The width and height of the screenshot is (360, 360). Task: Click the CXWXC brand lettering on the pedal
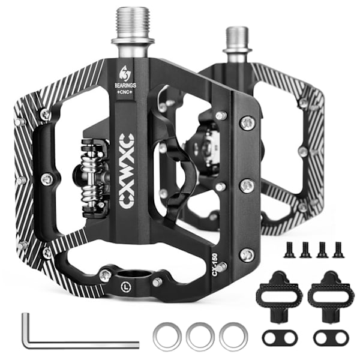127,172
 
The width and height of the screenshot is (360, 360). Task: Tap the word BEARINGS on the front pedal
125,85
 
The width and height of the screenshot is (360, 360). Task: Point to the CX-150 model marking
215,265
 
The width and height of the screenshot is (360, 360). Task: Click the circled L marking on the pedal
125,286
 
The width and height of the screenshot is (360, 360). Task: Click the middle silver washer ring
200,337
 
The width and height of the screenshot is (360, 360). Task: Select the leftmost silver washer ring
167,337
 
